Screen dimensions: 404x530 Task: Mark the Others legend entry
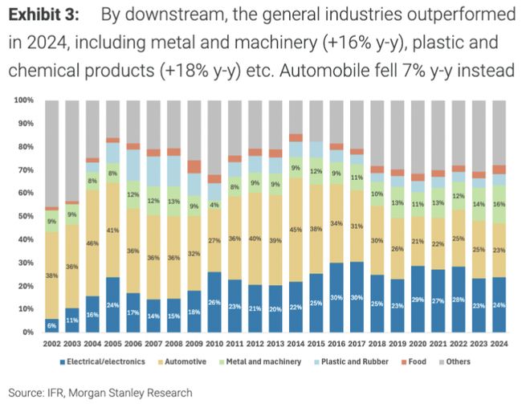tap(459, 361)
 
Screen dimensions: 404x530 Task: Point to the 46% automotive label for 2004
tap(92, 243)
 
